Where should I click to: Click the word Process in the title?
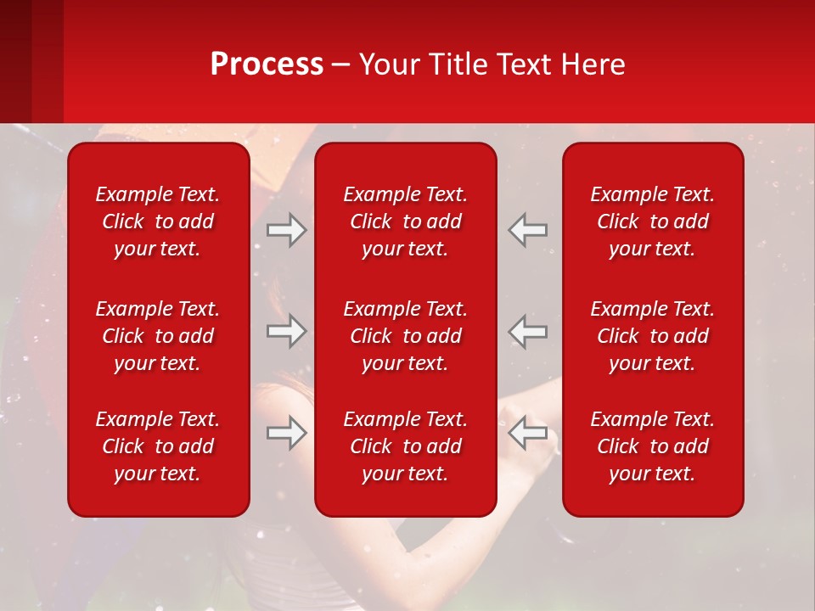tap(267, 64)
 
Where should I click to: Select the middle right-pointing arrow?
tap(286, 332)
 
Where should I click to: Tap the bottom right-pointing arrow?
tap(286, 433)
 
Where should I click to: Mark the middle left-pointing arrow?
tap(528, 332)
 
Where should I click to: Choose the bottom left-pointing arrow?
tap(528, 433)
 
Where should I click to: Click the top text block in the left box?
tap(158, 221)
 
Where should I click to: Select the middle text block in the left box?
tap(158, 336)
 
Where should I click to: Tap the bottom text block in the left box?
tap(158, 446)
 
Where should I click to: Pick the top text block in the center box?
tap(405, 221)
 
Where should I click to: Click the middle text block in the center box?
tap(405, 336)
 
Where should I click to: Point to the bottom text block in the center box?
tap(405, 446)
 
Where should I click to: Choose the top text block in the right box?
tap(652, 221)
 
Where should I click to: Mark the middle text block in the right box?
tap(652, 336)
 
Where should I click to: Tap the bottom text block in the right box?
tap(652, 446)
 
